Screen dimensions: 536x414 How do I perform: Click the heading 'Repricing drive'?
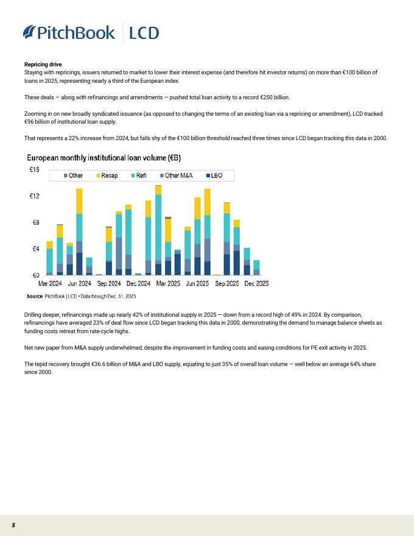pos(43,65)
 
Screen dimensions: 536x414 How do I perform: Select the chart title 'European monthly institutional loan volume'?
pos(103,158)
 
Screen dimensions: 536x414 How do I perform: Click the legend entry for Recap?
pos(107,175)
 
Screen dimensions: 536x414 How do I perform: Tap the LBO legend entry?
pos(214,175)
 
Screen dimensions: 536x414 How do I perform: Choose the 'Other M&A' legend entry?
pos(176,175)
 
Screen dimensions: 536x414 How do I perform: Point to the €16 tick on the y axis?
pos(35,169)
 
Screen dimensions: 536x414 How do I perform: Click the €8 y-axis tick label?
pos(35,222)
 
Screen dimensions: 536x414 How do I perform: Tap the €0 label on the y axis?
pos(35,275)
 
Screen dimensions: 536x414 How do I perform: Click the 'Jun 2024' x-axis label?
pos(79,284)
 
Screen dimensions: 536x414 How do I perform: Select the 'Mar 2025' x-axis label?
pos(167,284)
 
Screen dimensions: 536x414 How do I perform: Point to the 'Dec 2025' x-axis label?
pos(256,284)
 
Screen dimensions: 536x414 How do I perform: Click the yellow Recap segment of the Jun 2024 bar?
pos(79,201)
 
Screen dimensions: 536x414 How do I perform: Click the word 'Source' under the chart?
pos(35,295)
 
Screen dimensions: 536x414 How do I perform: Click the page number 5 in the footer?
pos(13,525)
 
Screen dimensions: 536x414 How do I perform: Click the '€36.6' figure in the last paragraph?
pos(104,364)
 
